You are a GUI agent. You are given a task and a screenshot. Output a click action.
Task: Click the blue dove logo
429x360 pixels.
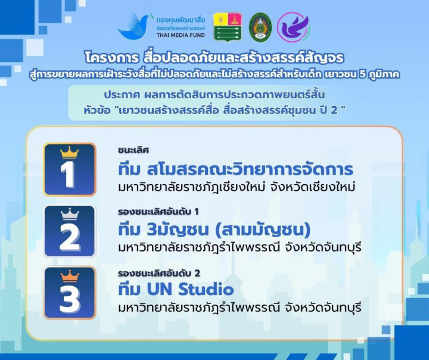133,26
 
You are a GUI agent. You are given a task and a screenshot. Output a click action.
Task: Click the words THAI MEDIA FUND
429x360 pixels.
181,35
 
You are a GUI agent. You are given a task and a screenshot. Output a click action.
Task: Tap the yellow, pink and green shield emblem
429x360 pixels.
228,27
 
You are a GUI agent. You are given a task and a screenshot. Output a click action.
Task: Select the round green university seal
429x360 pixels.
260,27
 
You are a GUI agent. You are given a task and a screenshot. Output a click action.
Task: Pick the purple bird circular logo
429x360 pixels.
294,27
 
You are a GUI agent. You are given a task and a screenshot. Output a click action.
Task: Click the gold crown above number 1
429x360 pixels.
70,153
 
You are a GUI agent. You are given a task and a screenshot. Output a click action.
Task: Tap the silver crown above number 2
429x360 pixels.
70,214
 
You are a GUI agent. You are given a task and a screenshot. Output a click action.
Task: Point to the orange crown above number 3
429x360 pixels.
70,276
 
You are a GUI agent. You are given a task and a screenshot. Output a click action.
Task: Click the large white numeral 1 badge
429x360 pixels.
70,169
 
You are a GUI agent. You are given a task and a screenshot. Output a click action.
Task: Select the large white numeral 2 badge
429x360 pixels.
70,231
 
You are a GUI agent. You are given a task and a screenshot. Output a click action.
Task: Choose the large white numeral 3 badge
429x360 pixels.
70,293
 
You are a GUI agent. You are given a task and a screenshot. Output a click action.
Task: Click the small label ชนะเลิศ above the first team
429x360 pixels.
133,150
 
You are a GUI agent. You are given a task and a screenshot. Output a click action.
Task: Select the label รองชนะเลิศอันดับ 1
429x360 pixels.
158,212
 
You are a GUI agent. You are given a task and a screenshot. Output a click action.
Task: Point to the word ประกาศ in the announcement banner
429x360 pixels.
122,95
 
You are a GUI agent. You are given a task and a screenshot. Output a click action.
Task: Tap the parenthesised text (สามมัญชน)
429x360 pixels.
263,230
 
